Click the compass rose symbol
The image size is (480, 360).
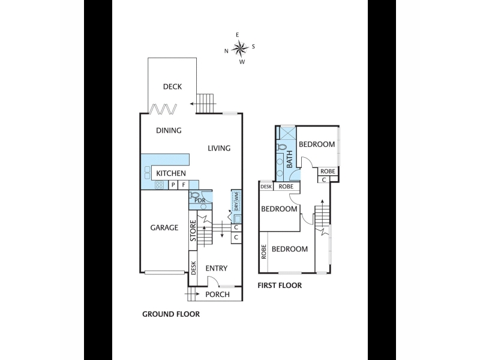coord(239,48)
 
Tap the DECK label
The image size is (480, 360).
coord(172,86)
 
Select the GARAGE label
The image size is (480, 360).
coord(164,227)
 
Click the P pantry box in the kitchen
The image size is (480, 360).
coord(173,185)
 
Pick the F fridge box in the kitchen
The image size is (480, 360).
coord(184,185)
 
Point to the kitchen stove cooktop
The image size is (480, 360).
coord(159,185)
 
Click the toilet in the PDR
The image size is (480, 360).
coord(194,194)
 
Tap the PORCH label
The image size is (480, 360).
coord(217,294)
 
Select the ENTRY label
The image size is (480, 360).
coord(217,268)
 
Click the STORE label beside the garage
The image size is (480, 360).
coord(193,230)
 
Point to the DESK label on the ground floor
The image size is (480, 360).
coord(193,268)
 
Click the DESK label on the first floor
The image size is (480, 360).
coord(266,186)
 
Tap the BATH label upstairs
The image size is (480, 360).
coord(289,159)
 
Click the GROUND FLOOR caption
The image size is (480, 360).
coord(171,314)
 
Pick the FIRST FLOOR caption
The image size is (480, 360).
coord(280,286)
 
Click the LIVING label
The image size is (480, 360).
coord(219,148)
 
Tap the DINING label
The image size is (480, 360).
coord(169,130)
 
